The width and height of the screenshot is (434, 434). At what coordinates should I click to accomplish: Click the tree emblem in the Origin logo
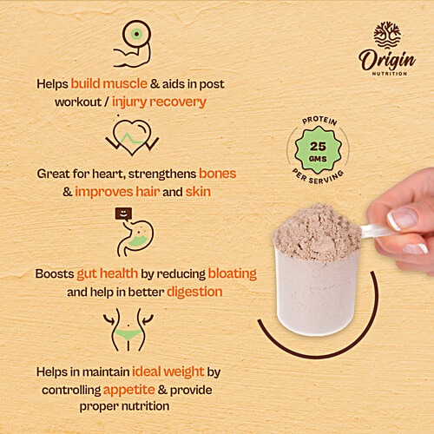(x=387, y=36)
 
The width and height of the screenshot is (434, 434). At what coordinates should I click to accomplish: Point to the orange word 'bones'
(x=217, y=174)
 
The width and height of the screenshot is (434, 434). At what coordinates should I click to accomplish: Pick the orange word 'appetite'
(x=127, y=390)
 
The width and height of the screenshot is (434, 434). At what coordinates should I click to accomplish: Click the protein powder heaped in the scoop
(x=316, y=230)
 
